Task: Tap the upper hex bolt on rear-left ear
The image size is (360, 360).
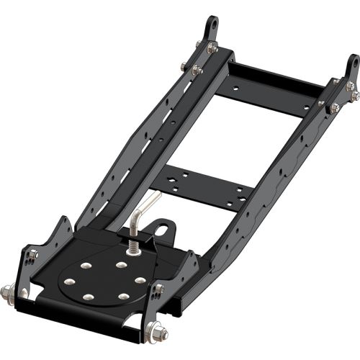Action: tap(212, 48)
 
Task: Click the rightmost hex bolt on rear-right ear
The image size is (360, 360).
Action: tap(355, 95)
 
